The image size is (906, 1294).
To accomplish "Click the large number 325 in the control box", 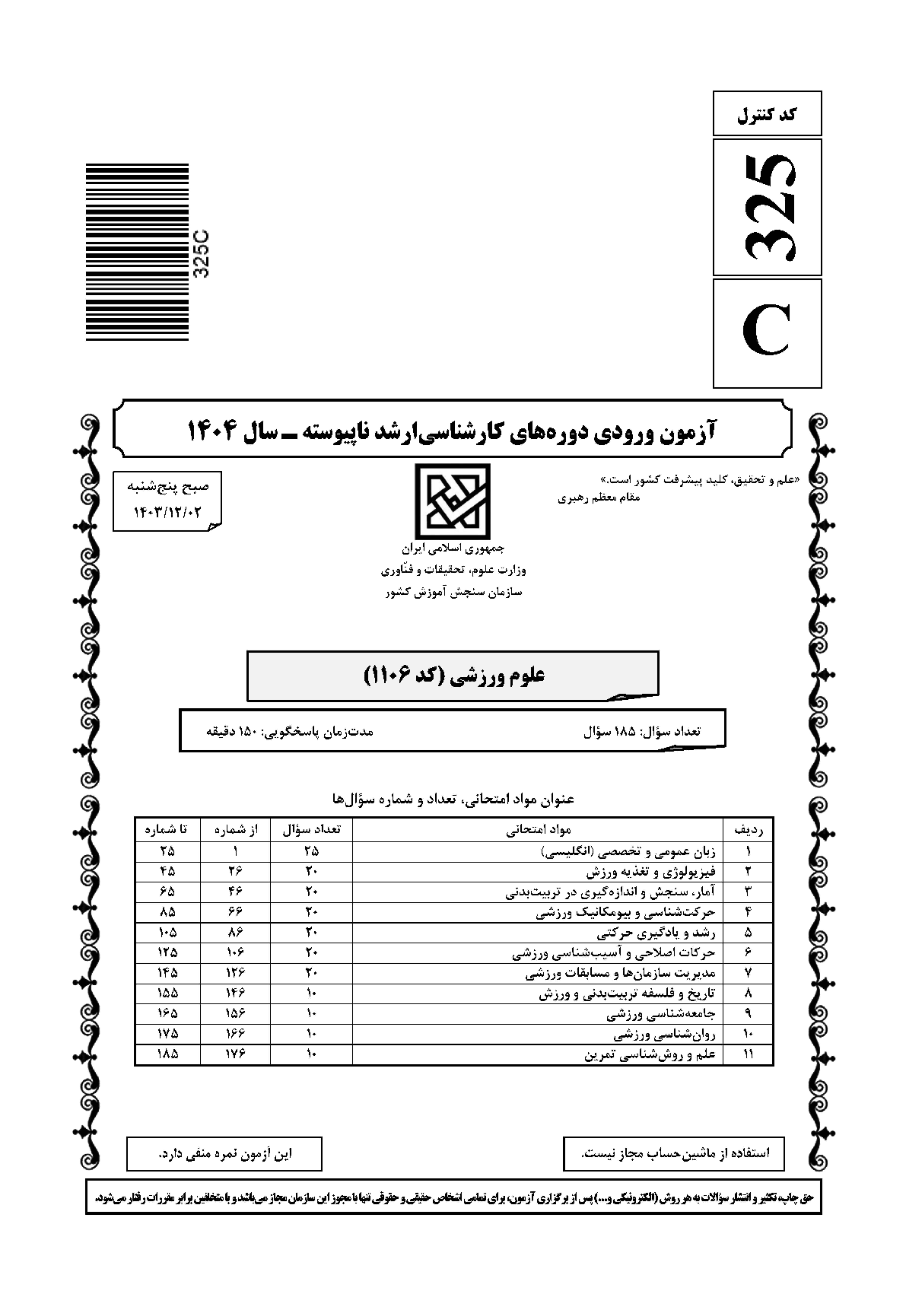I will (768, 207).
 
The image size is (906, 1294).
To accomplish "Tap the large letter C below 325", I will (767, 333).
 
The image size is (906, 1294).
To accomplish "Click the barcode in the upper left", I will (137, 253).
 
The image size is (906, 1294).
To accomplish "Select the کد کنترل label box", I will (768, 115).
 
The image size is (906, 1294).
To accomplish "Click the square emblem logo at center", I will (453, 502).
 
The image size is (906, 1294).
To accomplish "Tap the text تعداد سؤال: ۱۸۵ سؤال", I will (641, 731).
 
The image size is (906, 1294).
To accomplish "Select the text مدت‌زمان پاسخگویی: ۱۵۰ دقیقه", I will (290, 731).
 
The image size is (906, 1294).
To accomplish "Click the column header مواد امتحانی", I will (539, 829).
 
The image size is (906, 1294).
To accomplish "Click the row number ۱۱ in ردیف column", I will (748, 1054).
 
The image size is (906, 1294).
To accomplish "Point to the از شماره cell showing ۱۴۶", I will (235, 993).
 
